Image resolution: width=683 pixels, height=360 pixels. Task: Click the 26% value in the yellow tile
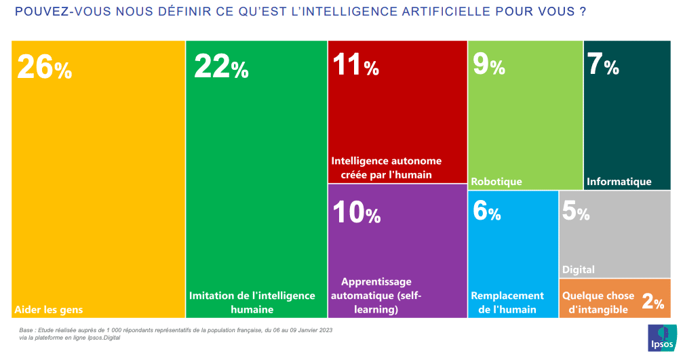[44, 67]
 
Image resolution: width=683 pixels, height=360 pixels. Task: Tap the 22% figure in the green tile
[221, 67]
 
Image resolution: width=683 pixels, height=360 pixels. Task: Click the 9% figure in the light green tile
[488, 66]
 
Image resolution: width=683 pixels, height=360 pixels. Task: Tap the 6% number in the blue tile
[486, 212]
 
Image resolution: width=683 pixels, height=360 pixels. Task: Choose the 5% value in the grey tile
[575, 212]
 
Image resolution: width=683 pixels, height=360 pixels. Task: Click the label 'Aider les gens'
[48, 310]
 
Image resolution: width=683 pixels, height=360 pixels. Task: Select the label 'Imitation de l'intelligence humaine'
[252, 302]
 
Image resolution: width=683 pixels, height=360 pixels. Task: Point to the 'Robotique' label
[496, 181]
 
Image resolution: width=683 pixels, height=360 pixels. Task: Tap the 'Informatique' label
[619, 181]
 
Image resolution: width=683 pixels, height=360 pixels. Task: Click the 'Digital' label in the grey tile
[578, 269]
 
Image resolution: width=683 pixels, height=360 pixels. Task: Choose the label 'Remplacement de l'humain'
[507, 302]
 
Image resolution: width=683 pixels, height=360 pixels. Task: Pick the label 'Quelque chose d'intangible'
[598, 302]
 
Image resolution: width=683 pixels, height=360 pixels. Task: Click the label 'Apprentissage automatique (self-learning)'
[376, 295]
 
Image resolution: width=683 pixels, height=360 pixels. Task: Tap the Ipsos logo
[661, 337]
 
